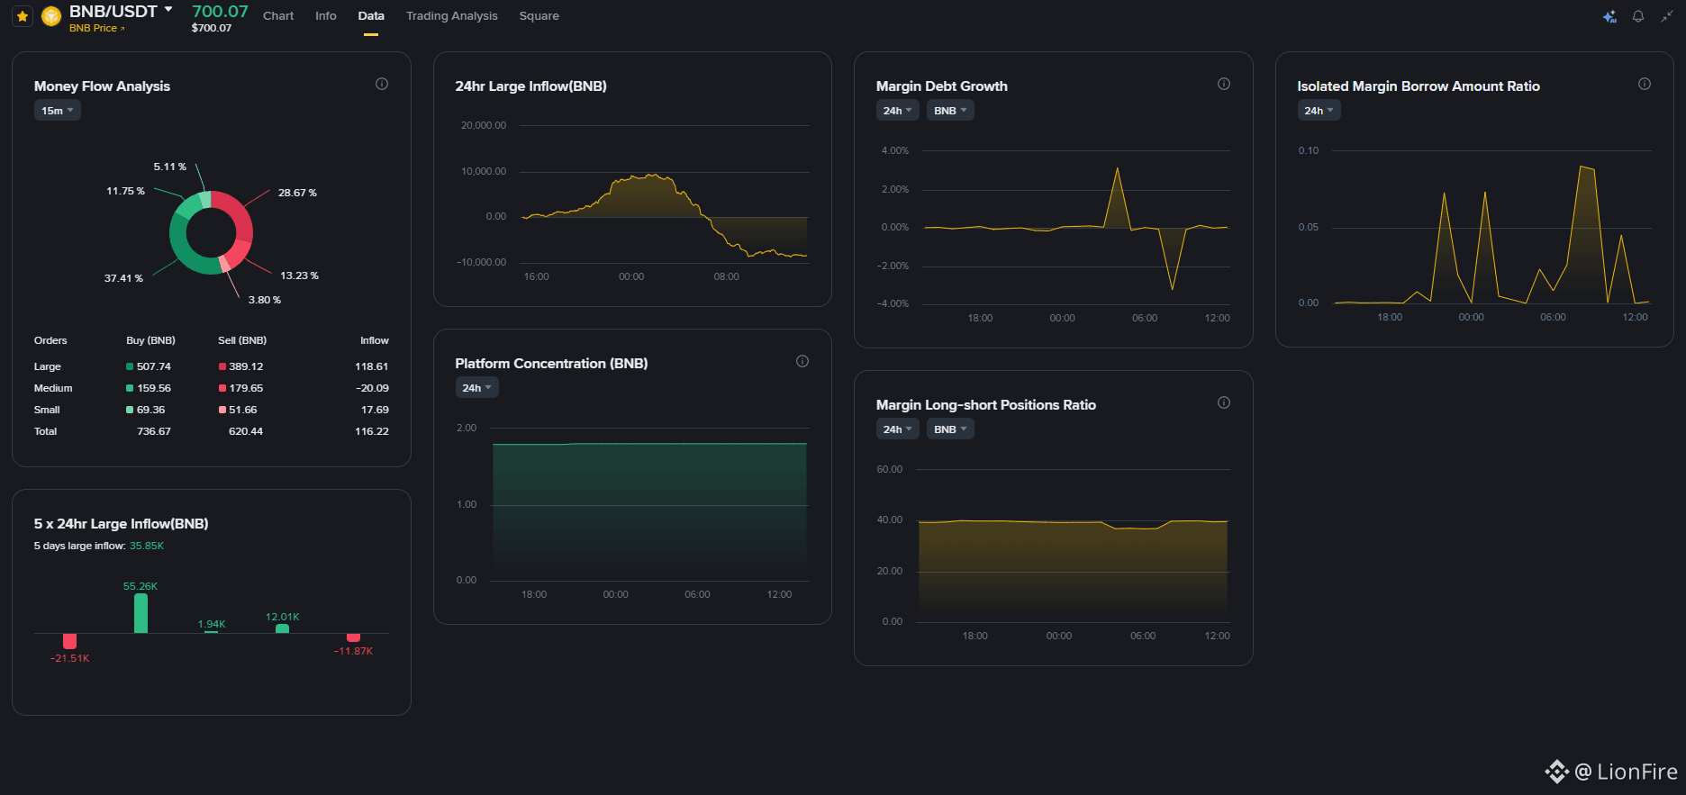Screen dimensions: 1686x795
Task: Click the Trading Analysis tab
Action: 451,16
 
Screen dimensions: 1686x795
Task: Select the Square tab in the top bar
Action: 539,16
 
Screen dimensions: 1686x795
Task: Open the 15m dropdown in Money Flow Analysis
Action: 58,111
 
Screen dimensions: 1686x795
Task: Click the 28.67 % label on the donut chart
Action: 297,193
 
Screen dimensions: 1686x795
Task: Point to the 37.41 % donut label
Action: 123,278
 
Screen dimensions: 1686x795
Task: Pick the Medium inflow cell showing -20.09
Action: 372,388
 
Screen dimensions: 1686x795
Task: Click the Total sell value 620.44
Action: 246,431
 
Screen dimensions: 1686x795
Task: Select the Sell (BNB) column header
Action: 242,340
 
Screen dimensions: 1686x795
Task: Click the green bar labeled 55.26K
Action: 140,612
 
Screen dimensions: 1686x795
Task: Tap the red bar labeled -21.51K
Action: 70,641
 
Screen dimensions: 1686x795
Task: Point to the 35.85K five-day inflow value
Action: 147,546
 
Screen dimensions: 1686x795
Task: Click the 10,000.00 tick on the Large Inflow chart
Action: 484,171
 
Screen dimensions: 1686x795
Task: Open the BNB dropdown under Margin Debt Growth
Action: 950,111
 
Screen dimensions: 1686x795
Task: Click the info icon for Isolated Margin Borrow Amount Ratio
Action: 1645,84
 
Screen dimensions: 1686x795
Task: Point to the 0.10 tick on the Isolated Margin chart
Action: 1309,150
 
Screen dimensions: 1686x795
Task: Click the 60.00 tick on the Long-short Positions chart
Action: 890,469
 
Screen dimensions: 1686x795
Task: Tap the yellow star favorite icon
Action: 23,16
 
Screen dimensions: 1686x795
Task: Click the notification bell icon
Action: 1638,16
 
